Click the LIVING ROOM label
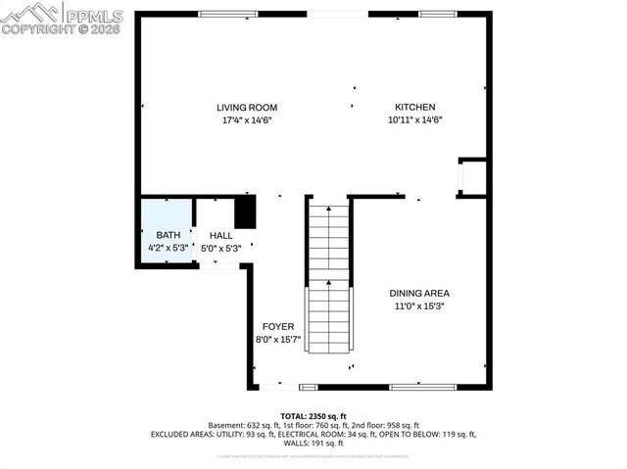247,108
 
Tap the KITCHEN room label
414,108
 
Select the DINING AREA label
419,293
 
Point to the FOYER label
277,326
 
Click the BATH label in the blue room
168,235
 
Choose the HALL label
220,235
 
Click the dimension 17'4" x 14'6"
247,120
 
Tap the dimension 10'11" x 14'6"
414,120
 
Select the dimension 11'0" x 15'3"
419,305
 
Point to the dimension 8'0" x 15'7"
277,340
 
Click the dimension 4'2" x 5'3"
168,248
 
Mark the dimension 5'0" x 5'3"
220,248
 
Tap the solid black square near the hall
245,212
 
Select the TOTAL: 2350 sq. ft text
313,416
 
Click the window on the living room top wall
229,13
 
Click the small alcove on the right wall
471,177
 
